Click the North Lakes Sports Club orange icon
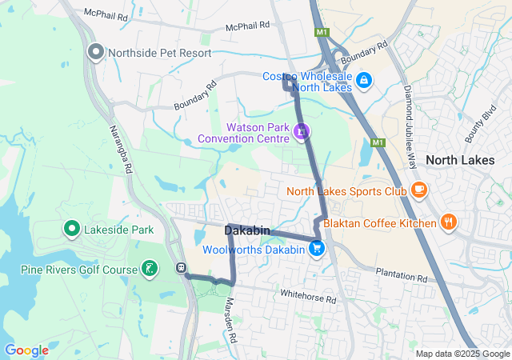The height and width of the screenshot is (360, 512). pyautogui.click(x=418, y=190)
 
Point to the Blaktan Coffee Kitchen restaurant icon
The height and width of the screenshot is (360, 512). pyautogui.click(x=449, y=222)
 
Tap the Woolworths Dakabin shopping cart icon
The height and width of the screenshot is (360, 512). pyautogui.click(x=317, y=249)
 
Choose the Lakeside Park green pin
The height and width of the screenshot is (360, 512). pyautogui.click(x=71, y=230)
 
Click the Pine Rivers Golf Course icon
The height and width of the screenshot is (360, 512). pyautogui.click(x=150, y=269)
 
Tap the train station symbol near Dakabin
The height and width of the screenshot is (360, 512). pyautogui.click(x=182, y=268)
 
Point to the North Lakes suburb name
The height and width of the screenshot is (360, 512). pyautogui.click(x=460, y=160)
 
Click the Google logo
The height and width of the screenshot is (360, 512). pyautogui.click(x=26, y=350)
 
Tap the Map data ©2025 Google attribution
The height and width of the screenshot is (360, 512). pyautogui.click(x=462, y=354)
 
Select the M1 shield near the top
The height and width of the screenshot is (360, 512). pyautogui.click(x=322, y=33)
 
